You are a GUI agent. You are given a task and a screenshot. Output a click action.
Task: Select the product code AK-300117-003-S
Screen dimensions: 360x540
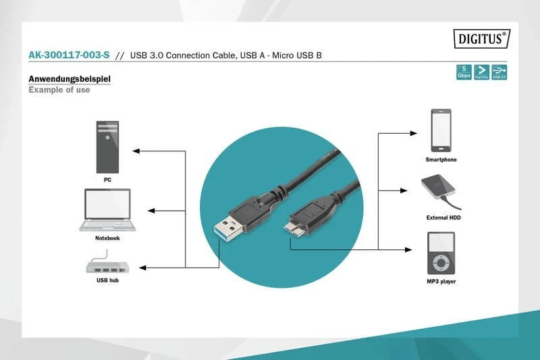pos(69,55)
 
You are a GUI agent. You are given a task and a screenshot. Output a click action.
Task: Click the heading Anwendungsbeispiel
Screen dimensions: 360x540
pos(70,79)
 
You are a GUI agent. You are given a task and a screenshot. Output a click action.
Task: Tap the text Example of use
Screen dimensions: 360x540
pos(59,90)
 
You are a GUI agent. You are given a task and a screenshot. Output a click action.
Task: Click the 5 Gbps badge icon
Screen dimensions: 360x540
pos(464,72)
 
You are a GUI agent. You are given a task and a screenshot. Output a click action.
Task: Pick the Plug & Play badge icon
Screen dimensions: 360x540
pos(481,72)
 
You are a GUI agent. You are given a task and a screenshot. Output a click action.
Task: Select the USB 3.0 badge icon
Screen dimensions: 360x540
pos(499,72)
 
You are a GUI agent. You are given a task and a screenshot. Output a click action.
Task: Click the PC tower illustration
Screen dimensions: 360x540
pos(107,147)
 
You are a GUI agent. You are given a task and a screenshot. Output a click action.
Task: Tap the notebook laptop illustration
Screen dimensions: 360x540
pos(107,210)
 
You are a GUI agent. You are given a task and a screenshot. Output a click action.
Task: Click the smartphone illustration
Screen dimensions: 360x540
pos(441,131)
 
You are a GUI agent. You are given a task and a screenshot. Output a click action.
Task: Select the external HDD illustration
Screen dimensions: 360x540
pos(439,191)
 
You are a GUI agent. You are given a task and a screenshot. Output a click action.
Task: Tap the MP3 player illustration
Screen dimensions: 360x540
pos(441,253)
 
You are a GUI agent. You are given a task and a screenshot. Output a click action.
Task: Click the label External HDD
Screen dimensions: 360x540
pos(443,217)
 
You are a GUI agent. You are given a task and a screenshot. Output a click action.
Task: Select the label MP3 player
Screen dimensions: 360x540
pos(441,281)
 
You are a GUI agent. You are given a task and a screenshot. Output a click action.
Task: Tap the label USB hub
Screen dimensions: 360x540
pos(108,279)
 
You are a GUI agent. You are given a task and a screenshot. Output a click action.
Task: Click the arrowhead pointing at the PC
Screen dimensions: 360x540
pos(135,150)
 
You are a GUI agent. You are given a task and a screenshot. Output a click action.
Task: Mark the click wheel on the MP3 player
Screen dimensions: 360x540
pos(441,261)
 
